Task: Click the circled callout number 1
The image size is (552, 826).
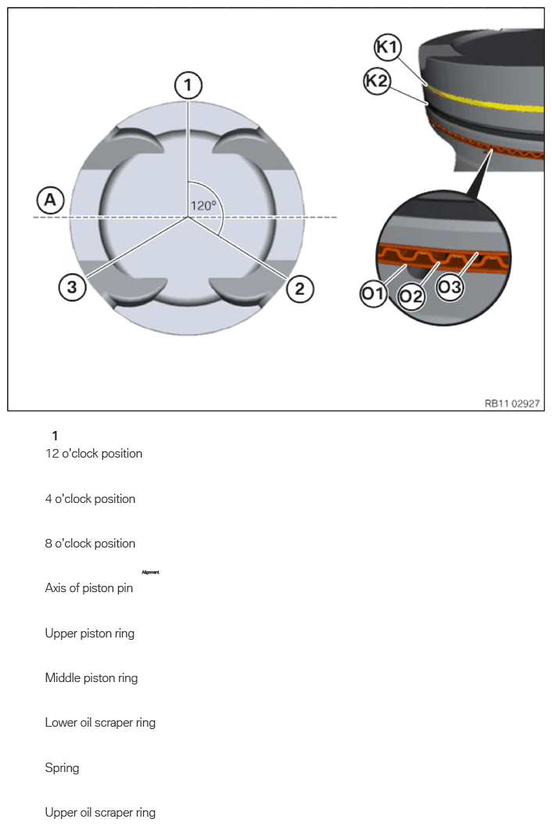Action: coord(188,84)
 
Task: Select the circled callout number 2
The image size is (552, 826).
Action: coord(299,289)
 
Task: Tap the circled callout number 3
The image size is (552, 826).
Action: coord(72,287)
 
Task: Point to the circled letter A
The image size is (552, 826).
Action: coord(51,200)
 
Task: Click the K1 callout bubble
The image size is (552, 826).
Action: coord(388,47)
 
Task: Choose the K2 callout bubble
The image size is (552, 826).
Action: coord(378,81)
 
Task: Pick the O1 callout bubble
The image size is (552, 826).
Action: coord(373,293)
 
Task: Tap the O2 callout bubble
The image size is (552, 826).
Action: coord(411,297)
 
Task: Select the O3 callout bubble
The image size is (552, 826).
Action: coord(450,287)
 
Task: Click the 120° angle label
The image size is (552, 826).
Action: coord(204,206)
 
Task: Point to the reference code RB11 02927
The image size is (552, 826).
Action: coord(514,404)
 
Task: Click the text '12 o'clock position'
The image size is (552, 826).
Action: coord(94,454)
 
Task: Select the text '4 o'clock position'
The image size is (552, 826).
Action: coord(90,499)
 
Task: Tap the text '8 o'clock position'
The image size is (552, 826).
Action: coord(90,544)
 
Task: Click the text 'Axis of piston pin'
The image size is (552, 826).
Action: coord(89,588)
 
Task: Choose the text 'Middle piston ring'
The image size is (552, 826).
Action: coord(91,678)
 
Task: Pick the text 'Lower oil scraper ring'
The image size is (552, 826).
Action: coord(100,723)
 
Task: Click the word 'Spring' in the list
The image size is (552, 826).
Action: coord(63,768)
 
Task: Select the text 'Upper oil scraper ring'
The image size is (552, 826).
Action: coord(100,813)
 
